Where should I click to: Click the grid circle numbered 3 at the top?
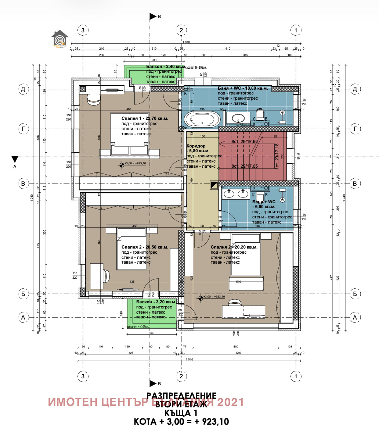(83, 30)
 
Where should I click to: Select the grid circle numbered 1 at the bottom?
(296, 376)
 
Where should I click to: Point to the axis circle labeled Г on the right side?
(355, 129)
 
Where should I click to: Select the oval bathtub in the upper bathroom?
(202, 119)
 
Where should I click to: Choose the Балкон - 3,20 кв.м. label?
(156, 301)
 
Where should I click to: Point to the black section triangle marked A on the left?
(15, 159)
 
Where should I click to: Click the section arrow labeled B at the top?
(152, 17)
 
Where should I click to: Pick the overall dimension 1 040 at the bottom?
(189, 359)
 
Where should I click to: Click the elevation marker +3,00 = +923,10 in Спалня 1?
(136, 164)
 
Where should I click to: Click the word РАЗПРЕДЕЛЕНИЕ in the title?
(181, 395)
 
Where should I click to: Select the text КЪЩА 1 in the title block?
(181, 413)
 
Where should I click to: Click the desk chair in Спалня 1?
(93, 98)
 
